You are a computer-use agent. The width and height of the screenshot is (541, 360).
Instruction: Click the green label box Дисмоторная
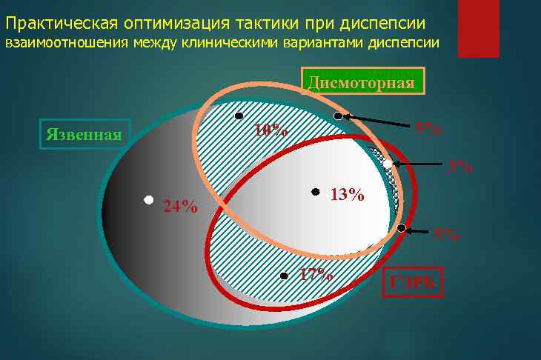click(x=362, y=81)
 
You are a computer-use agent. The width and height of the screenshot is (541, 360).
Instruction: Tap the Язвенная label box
click(x=84, y=134)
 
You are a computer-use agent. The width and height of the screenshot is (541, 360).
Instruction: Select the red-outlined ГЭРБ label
click(x=413, y=281)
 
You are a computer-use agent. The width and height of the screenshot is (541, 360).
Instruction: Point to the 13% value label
click(x=347, y=196)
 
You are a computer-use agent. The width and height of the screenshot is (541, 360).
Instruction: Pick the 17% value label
click(x=316, y=274)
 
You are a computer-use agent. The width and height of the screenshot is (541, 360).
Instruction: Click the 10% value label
click(x=270, y=130)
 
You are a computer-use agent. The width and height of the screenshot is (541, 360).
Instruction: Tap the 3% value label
click(x=460, y=167)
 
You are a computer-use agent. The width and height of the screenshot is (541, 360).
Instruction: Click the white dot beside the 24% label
click(x=148, y=200)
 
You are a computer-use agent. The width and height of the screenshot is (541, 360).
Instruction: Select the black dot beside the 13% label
click(x=315, y=191)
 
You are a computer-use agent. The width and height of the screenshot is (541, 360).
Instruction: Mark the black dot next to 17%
click(x=284, y=276)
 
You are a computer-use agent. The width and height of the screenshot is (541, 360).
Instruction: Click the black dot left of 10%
click(x=239, y=116)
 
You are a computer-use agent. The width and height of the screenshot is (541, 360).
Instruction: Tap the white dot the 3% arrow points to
click(x=388, y=164)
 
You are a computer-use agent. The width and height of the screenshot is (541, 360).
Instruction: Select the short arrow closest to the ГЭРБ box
click(x=417, y=231)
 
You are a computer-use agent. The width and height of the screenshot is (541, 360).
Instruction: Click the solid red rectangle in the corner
click(x=477, y=28)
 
